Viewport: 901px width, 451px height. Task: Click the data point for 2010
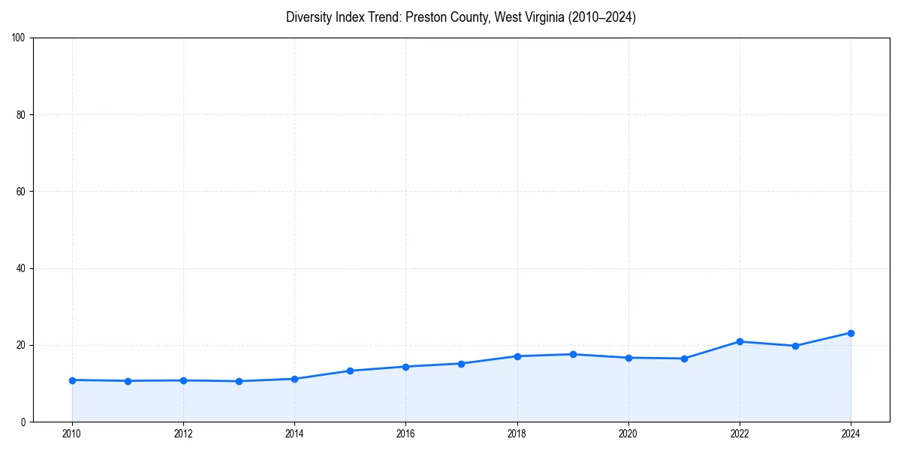point(72,380)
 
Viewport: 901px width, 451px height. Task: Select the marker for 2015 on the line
point(350,371)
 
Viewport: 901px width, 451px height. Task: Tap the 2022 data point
point(740,341)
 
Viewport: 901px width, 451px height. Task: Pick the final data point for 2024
point(851,333)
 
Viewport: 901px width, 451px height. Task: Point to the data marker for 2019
point(573,354)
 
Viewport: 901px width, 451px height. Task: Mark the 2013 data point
point(239,381)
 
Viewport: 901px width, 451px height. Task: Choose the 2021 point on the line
point(684,359)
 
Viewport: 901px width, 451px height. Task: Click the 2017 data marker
point(461,364)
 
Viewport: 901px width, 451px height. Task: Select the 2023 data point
point(795,346)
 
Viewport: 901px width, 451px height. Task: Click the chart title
point(461,17)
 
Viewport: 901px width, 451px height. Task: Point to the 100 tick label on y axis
point(19,38)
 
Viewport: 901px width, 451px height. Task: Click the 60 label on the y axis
point(21,192)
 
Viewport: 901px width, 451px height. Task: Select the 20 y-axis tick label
point(21,345)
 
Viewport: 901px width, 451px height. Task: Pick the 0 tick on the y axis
point(23,422)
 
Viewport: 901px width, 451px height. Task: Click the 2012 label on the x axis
point(183,434)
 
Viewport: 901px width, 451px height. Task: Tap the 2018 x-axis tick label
point(517,434)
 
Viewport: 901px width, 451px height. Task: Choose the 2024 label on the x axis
point(851,434)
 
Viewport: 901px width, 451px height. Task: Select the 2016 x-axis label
point(405,434)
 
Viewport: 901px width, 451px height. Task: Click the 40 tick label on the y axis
point(21,268)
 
